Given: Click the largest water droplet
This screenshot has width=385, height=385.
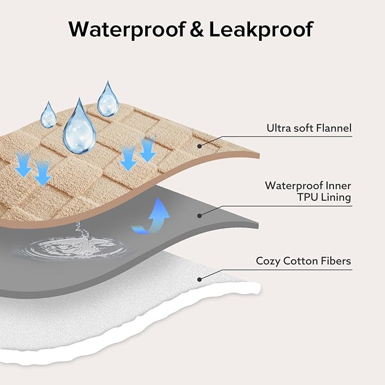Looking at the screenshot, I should [79, 128].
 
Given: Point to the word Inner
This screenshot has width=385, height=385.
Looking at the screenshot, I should [337, 185].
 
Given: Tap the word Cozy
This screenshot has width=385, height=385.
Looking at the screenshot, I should [268, 261].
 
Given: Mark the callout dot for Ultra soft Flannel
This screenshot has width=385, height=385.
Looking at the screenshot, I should [199, 146].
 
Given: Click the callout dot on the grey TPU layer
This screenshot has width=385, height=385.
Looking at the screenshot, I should [199, 215].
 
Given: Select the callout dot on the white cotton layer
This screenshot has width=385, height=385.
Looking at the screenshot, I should [199, 278].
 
